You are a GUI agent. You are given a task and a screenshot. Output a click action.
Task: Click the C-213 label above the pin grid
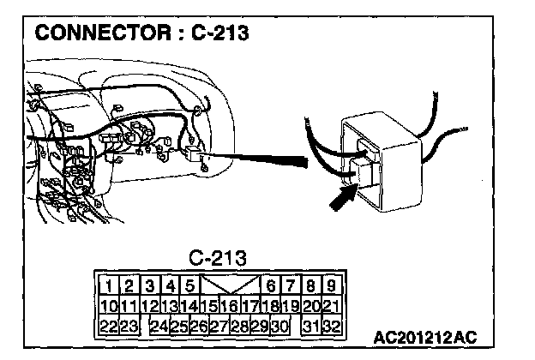(x=218, y=257)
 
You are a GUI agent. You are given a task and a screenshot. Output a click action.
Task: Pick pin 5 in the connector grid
(x=190, y=285)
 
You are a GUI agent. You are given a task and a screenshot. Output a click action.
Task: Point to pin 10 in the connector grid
(x=109, y=305)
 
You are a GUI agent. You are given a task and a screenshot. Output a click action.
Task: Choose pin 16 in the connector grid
(x=229, y=305)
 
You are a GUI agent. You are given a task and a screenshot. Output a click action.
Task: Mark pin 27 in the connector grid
(x=219, y=326)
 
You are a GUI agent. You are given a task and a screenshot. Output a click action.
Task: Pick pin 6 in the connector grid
(x=270, y=285)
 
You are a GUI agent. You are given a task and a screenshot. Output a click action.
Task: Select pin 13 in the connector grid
(x=170, y=305)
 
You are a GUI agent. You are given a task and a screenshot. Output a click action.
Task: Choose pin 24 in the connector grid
(x=159, y=326)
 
